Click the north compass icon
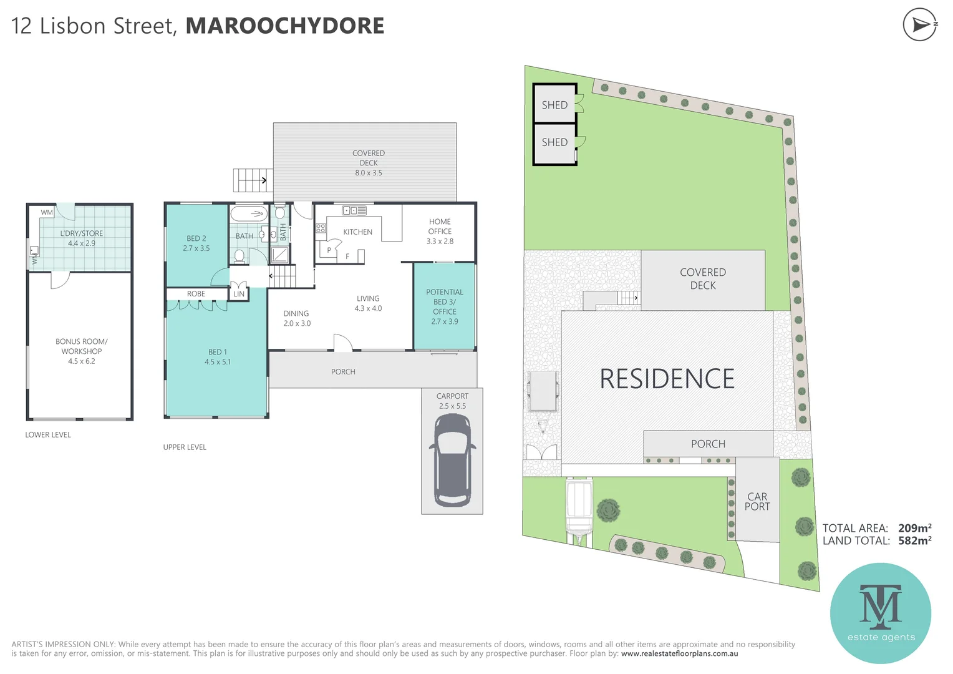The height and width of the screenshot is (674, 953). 920,25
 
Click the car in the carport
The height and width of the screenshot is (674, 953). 452,461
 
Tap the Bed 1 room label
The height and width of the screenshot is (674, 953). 218,352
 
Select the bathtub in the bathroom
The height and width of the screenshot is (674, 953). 249,214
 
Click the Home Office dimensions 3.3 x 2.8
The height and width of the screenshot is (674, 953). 440,242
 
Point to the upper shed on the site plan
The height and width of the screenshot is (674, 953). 554,105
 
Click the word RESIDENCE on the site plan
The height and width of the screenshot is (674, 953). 667,379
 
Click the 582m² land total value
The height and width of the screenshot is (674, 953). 914,541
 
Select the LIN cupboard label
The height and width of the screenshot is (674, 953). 239,294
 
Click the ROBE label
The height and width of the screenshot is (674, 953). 196,294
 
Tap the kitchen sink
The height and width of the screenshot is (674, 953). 354,211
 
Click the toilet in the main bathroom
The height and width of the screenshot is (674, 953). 239,256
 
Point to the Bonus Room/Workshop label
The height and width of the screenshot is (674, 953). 81,346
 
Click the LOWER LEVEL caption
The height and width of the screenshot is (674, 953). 48,435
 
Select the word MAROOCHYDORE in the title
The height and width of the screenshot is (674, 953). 285,26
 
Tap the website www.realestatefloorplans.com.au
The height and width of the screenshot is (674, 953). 679,654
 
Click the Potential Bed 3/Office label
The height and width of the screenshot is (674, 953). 445,301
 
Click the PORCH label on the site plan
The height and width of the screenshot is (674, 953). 708,444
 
